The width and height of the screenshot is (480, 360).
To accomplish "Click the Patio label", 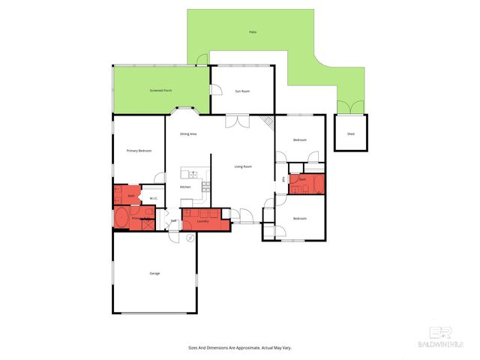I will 253,32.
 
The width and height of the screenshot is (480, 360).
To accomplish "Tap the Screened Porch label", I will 160,90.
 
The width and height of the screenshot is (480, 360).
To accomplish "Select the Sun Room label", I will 242,91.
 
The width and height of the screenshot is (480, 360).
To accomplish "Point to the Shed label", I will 350,134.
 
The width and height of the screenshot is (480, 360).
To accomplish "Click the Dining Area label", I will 188,133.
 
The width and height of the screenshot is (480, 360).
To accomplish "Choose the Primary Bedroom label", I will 139,151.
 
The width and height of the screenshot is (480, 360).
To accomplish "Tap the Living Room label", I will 243,166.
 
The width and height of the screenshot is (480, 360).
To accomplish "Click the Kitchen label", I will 185,186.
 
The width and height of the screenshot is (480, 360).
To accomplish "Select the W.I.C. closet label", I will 153,198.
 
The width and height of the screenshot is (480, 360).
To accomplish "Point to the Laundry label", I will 202,220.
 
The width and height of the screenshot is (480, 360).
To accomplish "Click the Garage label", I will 154,273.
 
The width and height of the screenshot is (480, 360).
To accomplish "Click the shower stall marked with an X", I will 148,221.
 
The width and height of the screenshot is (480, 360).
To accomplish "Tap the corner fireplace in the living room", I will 268,122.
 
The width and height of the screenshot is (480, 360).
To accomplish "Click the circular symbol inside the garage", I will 190,237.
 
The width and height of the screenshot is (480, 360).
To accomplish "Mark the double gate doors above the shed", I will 350,109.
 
